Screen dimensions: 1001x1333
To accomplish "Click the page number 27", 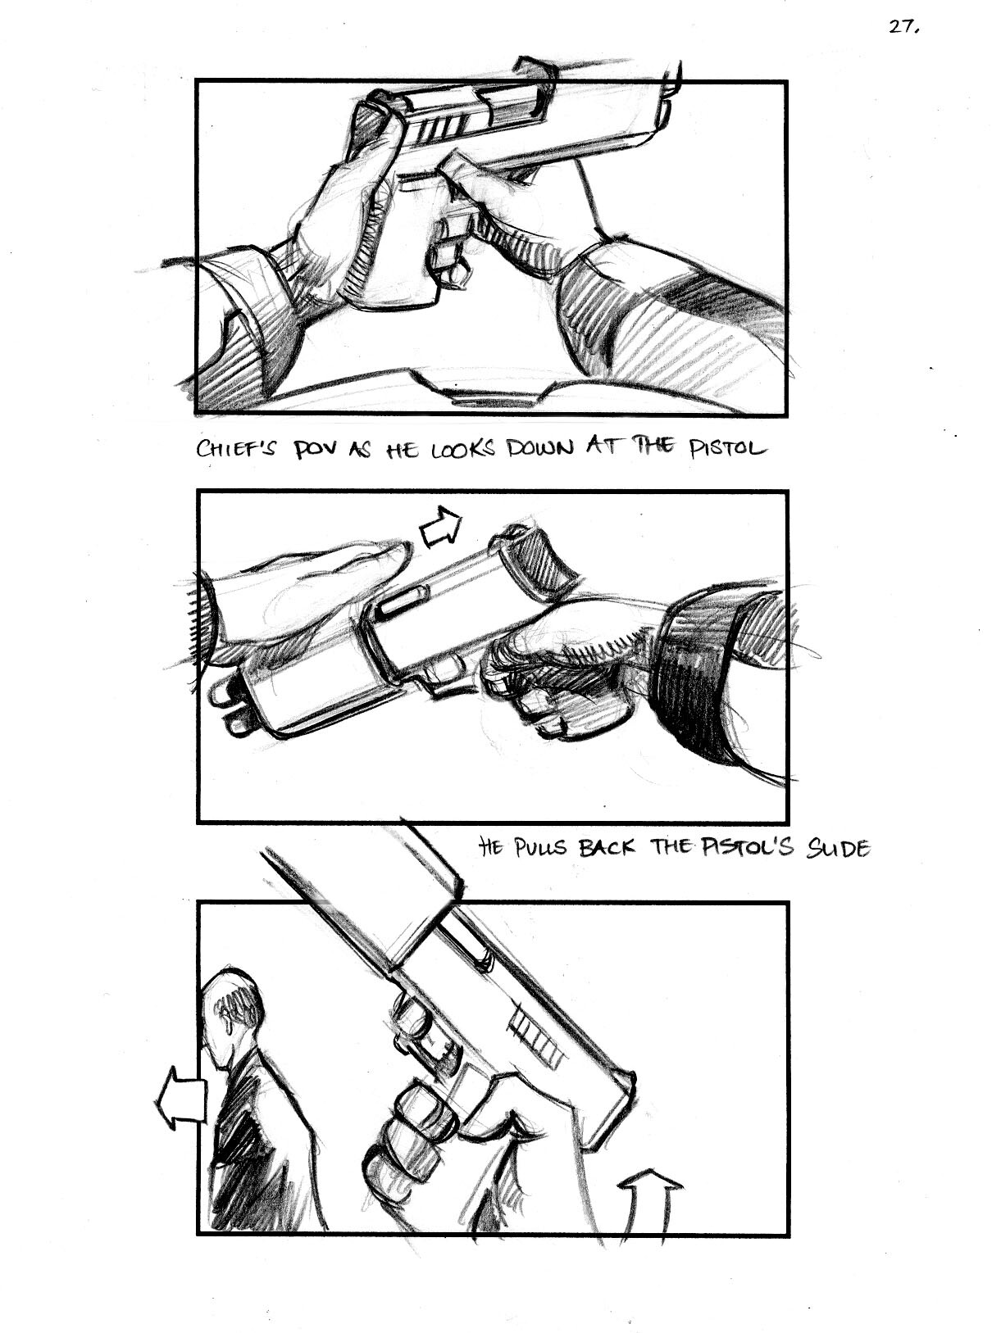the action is pos(904,27).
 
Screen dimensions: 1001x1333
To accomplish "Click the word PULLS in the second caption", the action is pos(542,847).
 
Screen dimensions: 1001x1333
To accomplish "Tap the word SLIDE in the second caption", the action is pos(838,847).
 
